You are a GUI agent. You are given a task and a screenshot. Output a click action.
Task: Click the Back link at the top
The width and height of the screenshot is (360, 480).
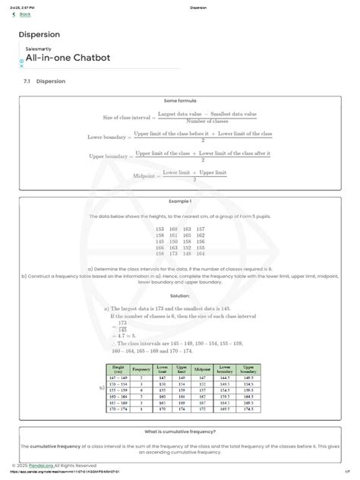(x=24, y=14)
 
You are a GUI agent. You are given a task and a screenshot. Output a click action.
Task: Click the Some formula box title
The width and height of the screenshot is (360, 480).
(x=180, y=100)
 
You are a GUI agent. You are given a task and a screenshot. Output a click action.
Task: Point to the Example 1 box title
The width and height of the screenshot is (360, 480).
(x=180, y=201)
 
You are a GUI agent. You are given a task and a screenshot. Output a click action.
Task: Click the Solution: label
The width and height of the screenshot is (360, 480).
(x=180, y=296)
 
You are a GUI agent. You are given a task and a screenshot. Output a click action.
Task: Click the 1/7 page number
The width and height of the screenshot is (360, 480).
(x=346, y=472)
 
